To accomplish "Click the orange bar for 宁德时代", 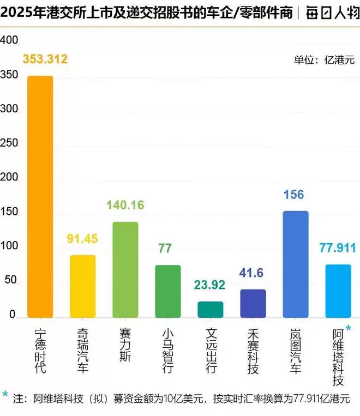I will click(x=40, y=196).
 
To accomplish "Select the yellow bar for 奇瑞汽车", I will click(x=83, y=286).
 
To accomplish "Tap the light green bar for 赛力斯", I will click(x=125, y=269).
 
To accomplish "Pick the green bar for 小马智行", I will click(x=168, y=291).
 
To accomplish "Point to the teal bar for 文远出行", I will click(x=211, y=309).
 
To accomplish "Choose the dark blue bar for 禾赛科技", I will click(x=253, y=303).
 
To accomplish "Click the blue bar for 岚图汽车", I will click(x=296, y=264).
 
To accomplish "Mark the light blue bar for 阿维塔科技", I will click(x=338, y=291).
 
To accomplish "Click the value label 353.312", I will click(x=45, y=59).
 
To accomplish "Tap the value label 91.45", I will click(x=83, y=239).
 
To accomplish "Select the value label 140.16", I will click(x=125, y=205).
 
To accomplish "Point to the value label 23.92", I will click(x=211, y=285).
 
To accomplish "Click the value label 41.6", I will click(x=253, y=274).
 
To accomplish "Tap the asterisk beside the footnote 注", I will click(x=5, y=394).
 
